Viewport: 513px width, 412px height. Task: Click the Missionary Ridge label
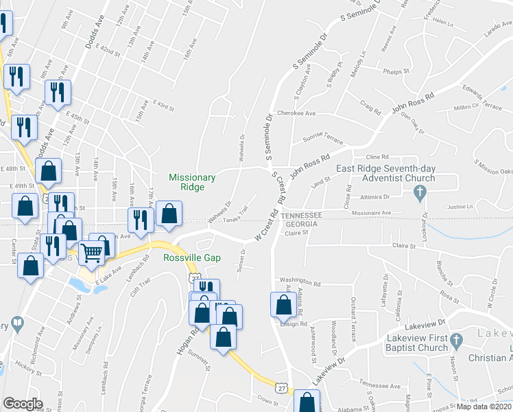pos(192,182)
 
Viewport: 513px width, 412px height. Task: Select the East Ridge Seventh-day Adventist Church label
pos(385,174)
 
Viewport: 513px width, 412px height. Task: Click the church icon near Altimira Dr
pos(422,195)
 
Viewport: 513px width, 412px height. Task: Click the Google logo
pos(23,404)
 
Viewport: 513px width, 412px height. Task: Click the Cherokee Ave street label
pos(296,113)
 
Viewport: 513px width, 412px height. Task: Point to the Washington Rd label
pos(300,283)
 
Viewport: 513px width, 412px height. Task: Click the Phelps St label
pos(396,71)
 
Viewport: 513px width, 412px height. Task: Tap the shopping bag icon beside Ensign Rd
pos(283,305)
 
